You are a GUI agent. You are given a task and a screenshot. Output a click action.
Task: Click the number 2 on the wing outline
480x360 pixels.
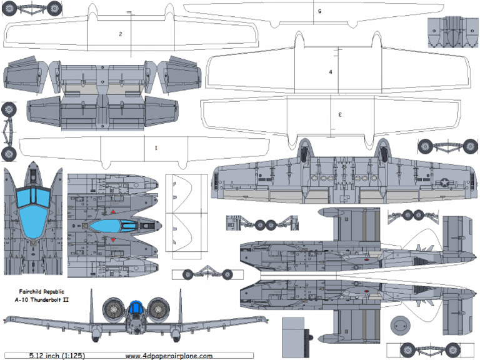(120, 34)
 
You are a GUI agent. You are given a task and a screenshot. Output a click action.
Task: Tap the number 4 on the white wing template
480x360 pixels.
(331, 72)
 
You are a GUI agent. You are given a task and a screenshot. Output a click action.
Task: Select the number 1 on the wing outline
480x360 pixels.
(155, 147)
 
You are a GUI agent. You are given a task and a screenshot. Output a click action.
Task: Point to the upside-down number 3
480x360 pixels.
(339, 114)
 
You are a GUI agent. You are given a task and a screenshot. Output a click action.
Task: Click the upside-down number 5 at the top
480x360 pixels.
(319, 11)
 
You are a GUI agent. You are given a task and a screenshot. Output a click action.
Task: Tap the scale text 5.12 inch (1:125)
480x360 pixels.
(56, 356)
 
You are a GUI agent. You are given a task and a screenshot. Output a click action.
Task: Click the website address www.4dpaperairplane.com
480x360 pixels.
(169, 356)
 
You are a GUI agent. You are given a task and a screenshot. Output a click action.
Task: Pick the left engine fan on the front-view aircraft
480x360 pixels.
(114, 309)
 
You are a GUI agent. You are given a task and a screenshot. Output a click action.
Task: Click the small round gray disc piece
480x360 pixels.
(401, 326)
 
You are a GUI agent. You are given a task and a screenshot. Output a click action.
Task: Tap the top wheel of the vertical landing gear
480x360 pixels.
(9, 109)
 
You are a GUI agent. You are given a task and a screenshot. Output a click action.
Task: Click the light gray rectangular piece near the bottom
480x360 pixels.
(292, 337)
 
